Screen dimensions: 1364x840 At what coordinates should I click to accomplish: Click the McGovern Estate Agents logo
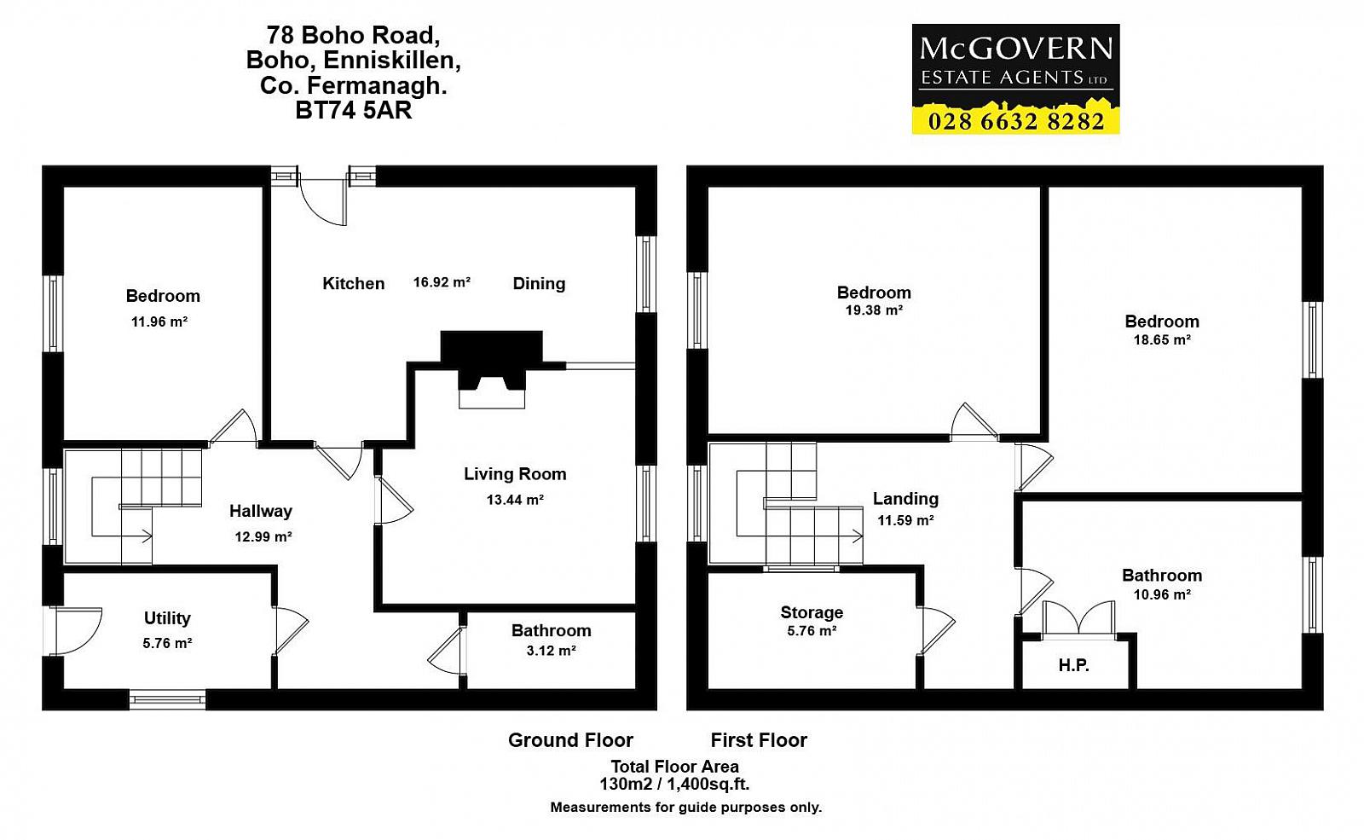click(x=1015, y=78)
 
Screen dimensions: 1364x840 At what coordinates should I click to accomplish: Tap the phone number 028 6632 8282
click(x=1015, y=121)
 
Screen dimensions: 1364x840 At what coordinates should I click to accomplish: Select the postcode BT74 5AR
click(x=353, y=110)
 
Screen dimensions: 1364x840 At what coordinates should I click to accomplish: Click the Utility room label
click(x=167, y=617)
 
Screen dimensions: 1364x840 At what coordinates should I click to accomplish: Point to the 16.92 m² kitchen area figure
click(x=442, y=282)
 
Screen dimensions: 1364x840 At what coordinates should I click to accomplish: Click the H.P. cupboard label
click(x=1073, y=665)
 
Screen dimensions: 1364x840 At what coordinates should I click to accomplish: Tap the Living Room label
click(x=515, y=474)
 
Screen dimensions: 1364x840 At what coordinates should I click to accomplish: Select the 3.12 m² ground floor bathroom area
click(x=551, y=651)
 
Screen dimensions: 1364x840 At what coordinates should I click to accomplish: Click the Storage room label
click(x=812, y=612)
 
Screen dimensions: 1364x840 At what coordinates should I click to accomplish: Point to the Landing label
click(x=905, y=499)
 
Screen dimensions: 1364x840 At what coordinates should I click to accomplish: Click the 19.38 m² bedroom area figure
click(x=874, y=310)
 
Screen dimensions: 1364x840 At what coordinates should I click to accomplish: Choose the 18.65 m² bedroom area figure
click(x=1162, y=340)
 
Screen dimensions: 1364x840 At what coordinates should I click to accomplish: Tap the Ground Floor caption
click(x=570, y=740)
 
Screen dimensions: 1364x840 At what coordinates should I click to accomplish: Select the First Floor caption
click(x=759, y=740)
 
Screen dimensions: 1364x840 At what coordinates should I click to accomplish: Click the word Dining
click(x=539, y=283)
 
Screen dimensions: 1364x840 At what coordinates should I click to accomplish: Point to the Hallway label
click(x=261, y=511)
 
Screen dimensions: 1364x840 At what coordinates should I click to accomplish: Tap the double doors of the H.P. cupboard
click(x=1079, y=619)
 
